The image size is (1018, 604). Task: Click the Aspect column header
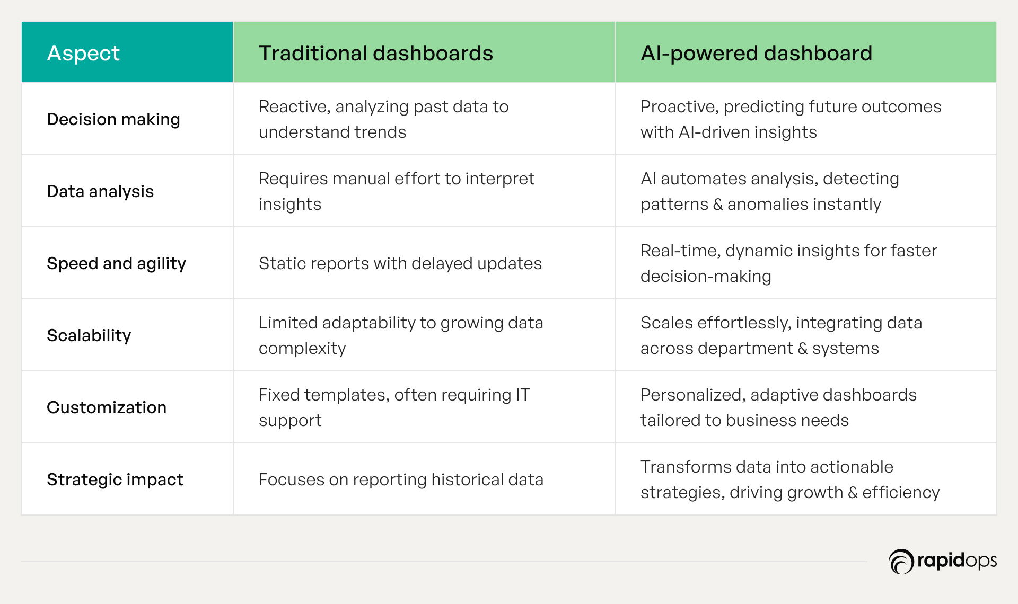pyautogui.click(x=83, y=53)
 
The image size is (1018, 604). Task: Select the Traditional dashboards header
pyautogui.click(x=376, y=53)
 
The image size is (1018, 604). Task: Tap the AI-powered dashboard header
pyautogui.click(x=756, y=53)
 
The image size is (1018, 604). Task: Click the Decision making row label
pyautogui.click(x=113, y=119)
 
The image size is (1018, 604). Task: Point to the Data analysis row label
pyautogui.click(x=100, y=191)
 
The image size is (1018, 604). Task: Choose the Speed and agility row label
pyautogui.click(x=117, y=263)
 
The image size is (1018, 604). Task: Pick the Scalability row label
pyautogui.click(x=89, y=335)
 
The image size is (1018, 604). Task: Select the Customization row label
pyautogui.click(x=107, y=407)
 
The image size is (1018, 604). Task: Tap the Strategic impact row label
pyautogui.click(x=115, y=479)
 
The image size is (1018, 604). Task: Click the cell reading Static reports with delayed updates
pyautogui.click(x=400, y=263)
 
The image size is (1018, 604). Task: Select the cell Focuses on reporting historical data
pyautogui.click(x=401, y=479)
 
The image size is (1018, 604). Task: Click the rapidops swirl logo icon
pyautogui.click(x=901, y=562)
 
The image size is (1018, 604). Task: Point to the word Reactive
pyautogui.click(x=293, y=107)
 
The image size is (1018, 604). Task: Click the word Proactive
pyautogui.click(x=679, y=107)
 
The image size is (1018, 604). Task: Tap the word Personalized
pyautogui.click(x=693, y=395)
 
